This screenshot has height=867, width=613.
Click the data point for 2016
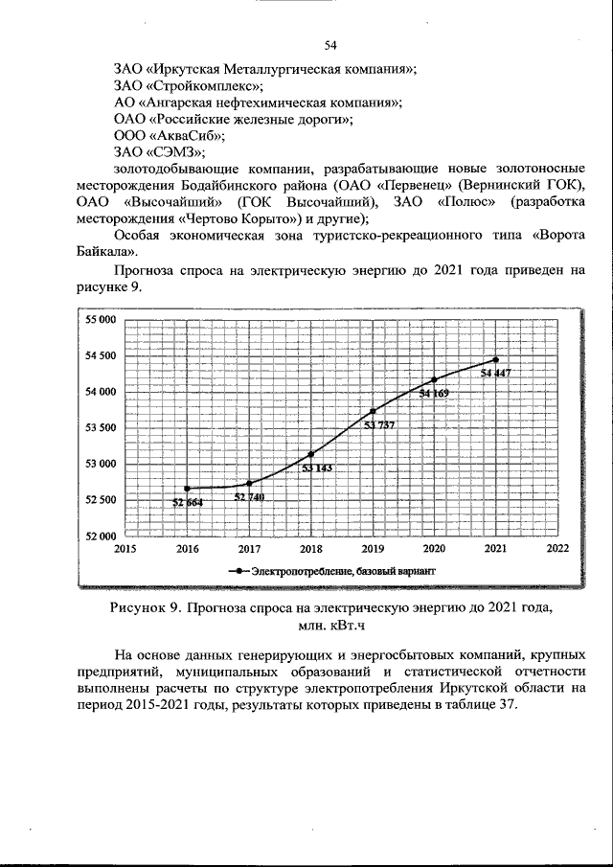[188, 489]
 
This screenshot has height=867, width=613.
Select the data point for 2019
[373, 411]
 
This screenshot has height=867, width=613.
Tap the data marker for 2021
[495, 360]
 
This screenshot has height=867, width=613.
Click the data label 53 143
[317, 468]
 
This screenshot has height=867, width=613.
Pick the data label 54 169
[434, 393]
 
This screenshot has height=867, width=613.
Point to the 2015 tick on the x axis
[125, 549]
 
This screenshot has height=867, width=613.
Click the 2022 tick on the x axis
[556, 549]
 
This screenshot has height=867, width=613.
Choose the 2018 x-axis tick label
[310, 549]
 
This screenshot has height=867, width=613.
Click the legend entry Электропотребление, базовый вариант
[343, 571]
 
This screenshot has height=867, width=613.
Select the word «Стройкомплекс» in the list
[189, 85]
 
